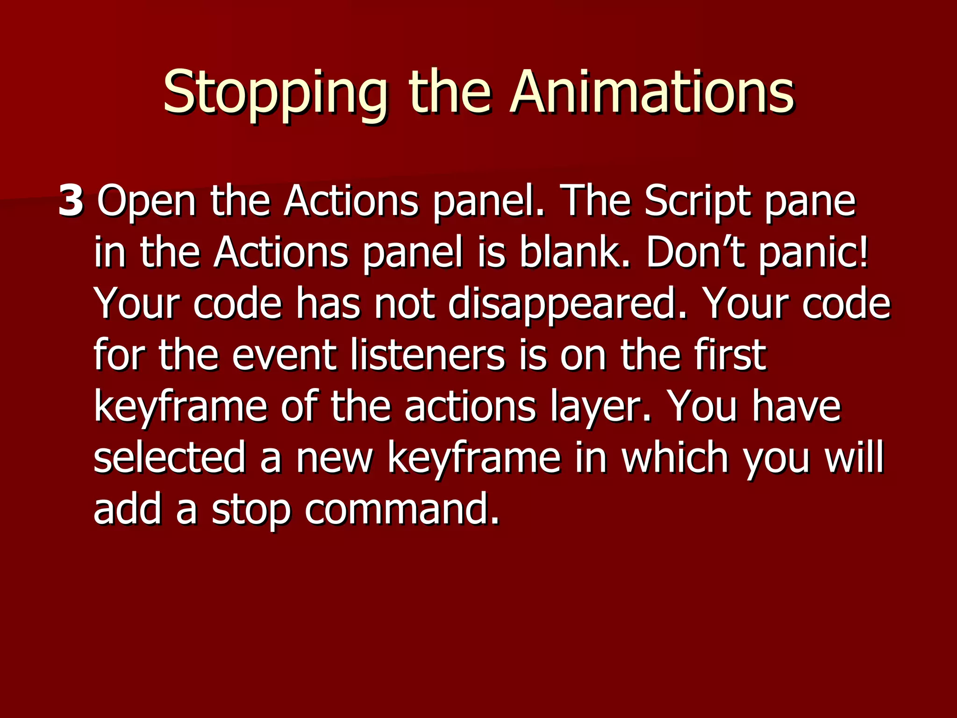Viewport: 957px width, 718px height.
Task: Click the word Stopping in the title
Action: (x=275, y=93)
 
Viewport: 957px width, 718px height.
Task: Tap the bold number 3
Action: (x=71, y=201)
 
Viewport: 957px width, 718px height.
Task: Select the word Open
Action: (x=146, y=202)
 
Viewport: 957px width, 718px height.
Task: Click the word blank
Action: (x=574, y=253)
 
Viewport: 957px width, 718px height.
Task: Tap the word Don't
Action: (x=695, y=253)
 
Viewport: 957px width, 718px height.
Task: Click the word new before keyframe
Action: (x=334, y=459)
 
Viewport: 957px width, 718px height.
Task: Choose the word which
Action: (x=675, y=458)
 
